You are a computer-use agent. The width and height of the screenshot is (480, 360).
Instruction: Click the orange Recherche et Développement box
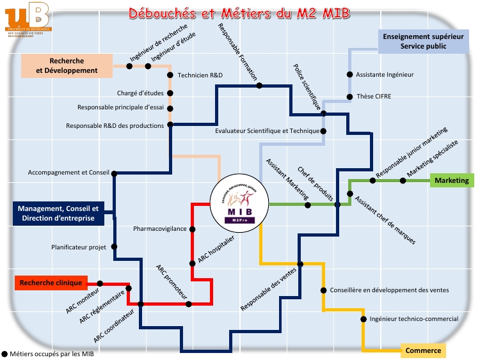tap(67, 66)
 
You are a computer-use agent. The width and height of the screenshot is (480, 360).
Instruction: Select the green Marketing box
tap(452, 181)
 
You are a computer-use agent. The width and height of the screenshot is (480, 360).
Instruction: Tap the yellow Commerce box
tap(423, 350)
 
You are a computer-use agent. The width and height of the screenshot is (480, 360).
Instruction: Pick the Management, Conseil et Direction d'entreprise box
tap(58, 214)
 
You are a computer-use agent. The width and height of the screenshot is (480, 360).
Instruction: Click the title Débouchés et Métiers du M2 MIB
tap(240, 13)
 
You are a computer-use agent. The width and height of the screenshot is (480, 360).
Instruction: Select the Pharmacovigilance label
tap(160, 228)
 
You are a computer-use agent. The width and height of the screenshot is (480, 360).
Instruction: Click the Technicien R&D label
tap(200, 75)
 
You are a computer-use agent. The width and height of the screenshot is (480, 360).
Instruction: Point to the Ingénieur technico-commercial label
tap(413, 318)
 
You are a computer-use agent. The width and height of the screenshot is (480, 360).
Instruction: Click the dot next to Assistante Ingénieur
tap(349, 75)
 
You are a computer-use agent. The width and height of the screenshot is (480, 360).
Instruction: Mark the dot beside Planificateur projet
tap(114, 246)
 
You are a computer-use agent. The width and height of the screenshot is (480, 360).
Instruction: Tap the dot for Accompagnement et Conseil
tap(115, 173)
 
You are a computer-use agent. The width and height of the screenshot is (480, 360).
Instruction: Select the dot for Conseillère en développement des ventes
tap(324, 290)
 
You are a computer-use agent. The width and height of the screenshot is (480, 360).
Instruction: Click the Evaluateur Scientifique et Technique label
tap(267, 131)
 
